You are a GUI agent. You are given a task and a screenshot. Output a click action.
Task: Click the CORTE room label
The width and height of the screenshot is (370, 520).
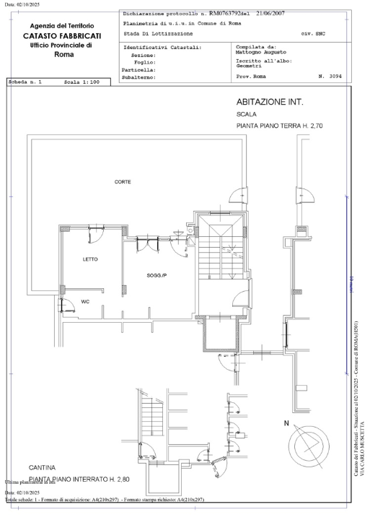(123, 181)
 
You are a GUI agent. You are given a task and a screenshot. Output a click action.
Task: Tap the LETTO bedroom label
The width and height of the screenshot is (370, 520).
(89, 259)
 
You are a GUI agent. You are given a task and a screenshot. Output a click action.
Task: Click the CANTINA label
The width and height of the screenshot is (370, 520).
(43, 467)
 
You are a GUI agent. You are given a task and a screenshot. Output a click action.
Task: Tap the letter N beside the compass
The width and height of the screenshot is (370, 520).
(286, 423)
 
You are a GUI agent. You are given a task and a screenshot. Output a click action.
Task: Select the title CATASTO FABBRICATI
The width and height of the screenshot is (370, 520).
(61, 35)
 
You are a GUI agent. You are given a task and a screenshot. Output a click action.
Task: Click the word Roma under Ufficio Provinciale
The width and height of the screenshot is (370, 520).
(61, 54)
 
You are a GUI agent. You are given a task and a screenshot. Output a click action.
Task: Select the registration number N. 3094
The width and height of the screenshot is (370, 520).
(331, 75)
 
